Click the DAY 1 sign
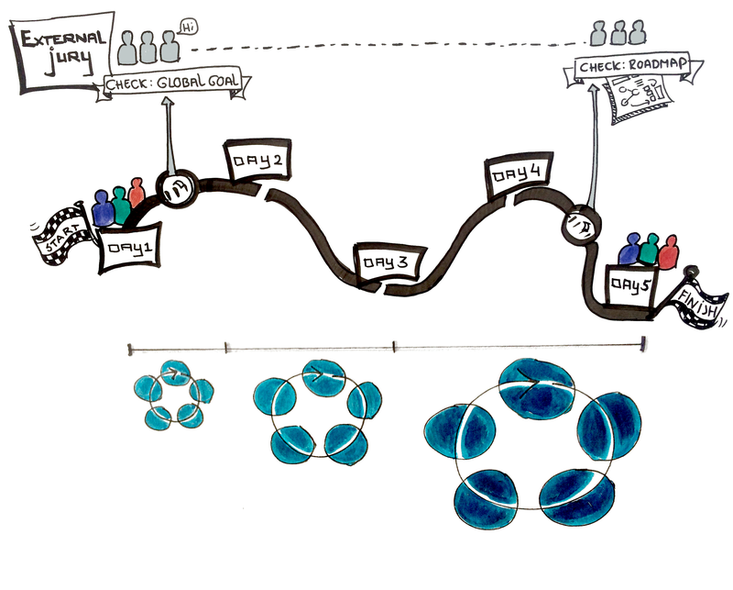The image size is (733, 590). coord(128,248)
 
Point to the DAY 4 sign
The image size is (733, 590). coord(519,175)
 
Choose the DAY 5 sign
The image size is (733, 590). coord(630,285)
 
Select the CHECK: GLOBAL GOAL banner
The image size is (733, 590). coord(173,83)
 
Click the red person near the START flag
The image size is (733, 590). coord(137,193)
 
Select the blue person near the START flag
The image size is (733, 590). coord(104,209)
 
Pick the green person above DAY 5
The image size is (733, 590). coord(651,250)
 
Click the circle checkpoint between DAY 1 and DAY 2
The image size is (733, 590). coord(175,189)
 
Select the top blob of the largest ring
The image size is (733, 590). coord(535,385)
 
